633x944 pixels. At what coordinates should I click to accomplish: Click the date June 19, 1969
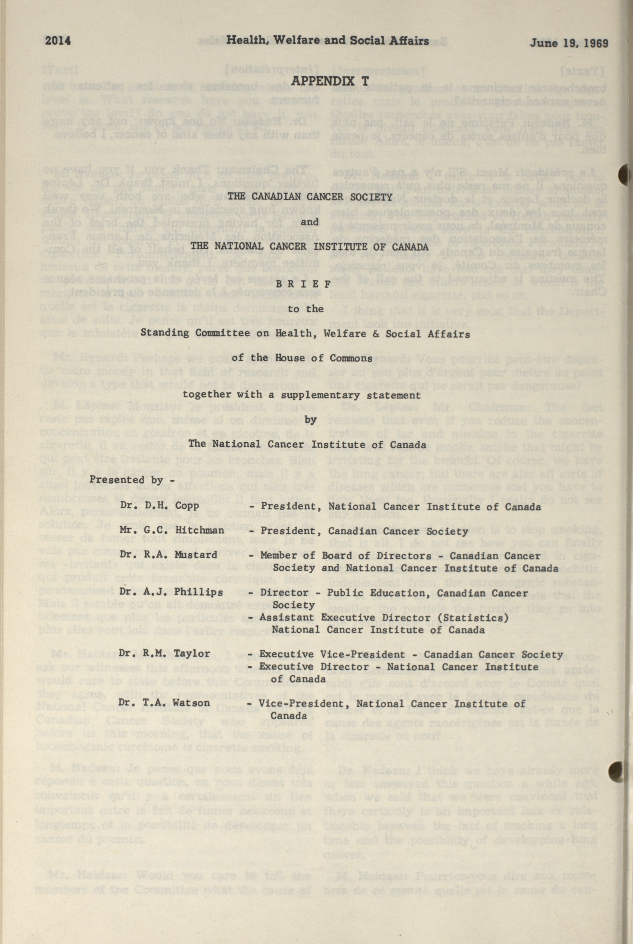click(x=569, y=43)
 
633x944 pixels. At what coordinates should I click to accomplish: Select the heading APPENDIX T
click(x=330, y=81)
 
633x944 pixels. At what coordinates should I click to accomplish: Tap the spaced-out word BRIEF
click(x=310, y=284)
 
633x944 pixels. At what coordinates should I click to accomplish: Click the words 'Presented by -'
click(x=126, y=480)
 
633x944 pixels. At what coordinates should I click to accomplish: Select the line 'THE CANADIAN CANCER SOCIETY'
click(x=310, y=197)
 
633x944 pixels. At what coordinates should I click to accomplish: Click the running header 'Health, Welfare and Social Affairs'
click(x=327, y=40)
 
